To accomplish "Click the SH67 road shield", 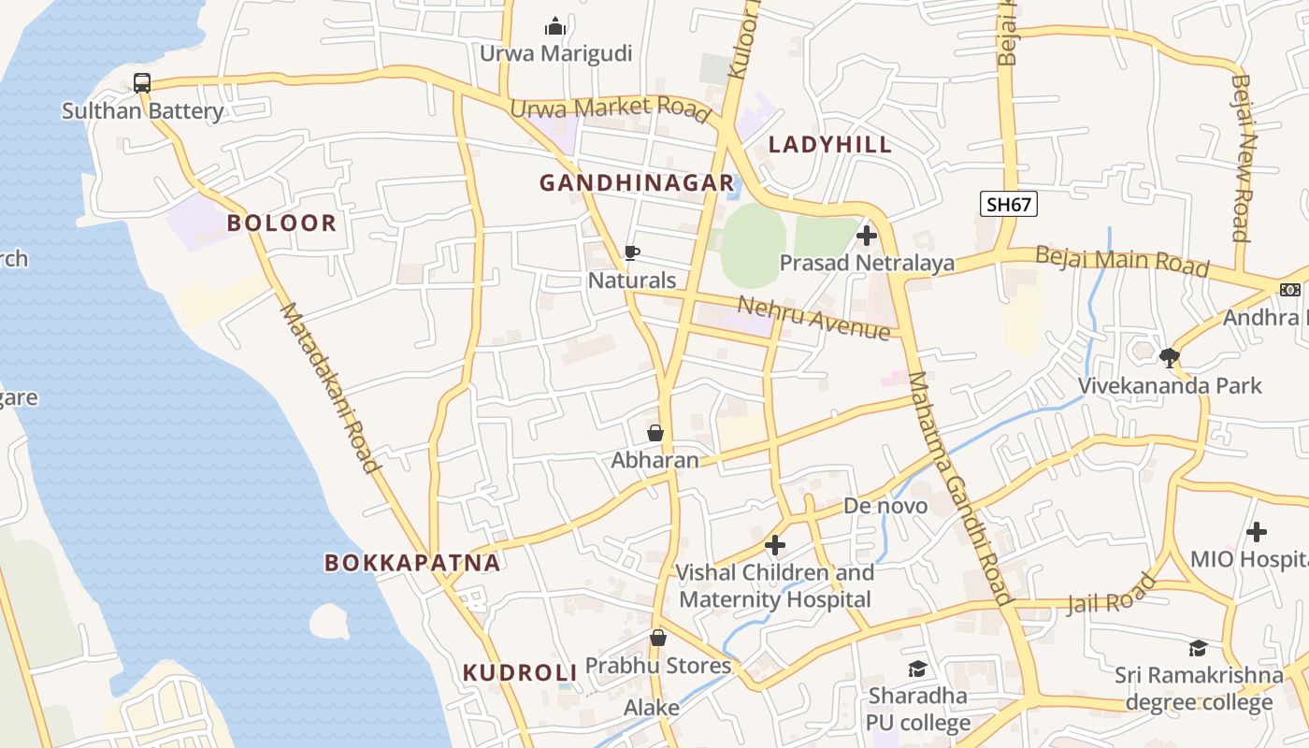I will point(1009,204).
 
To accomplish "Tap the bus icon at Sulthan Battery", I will point(142,83).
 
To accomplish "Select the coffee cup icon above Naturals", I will point(632,252).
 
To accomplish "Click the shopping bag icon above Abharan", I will point(655,433).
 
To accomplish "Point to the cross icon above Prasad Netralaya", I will point(867,236).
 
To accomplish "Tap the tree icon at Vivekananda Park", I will point(1169,357).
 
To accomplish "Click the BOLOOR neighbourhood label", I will point(281,223).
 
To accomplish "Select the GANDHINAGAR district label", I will point(637,183).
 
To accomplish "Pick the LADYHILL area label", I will point(830,145).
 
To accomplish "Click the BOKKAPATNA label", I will point(412,563).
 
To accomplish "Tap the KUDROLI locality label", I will point(520,672).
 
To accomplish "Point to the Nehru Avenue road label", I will point(813,317).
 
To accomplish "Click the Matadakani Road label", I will point(331,387).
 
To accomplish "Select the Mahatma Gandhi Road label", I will point(960,488).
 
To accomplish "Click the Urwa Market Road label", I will point(610,108).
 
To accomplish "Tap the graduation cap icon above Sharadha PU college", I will point(916,669).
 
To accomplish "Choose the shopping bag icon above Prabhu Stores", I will point(658,639).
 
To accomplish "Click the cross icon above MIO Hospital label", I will point(1257,532).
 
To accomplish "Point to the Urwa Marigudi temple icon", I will point(555,25).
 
